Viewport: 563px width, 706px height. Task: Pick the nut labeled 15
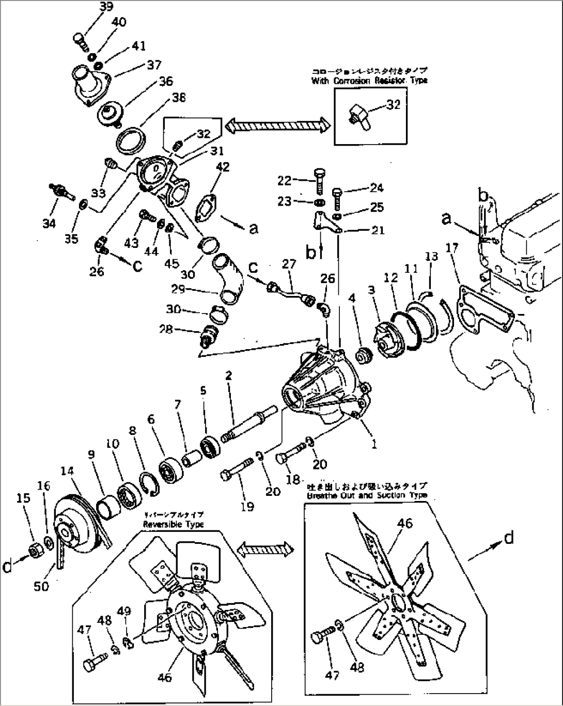coord(35,551)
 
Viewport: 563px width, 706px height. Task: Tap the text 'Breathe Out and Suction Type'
coord(366,495)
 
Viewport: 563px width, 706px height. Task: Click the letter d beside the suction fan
coord(508,538)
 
